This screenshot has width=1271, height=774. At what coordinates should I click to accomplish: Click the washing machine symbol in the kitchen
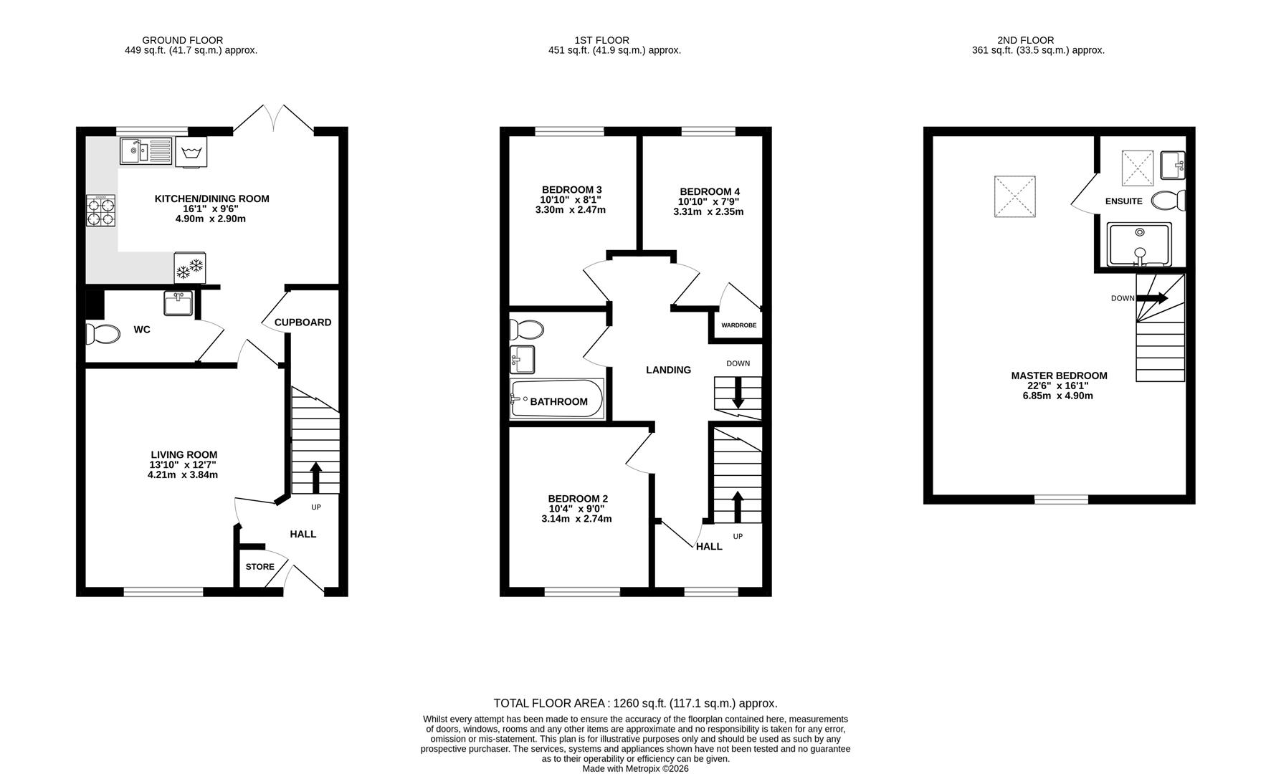191,152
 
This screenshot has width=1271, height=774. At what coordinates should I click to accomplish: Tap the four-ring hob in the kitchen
100,211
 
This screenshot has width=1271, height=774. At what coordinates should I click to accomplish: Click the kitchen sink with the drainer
146,151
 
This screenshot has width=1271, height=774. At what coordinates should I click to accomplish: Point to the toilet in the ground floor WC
103,334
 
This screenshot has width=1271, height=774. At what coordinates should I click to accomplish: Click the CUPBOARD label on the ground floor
303,322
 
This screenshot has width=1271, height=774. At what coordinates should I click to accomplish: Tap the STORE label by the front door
260,567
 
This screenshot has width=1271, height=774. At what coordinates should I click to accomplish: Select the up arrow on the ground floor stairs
315,477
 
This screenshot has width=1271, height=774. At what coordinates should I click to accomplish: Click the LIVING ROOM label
184,454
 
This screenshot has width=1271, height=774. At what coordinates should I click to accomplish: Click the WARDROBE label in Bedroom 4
738,325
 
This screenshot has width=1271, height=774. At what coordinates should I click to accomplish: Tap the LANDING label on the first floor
668,370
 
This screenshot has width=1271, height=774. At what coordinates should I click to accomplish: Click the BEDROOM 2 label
578,499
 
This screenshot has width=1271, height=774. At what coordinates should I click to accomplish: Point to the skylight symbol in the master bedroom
1014,196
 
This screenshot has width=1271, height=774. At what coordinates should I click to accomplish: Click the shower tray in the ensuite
1139,244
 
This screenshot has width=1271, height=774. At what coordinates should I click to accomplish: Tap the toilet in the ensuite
1168,201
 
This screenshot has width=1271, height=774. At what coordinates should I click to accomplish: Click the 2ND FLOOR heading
1025,40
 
